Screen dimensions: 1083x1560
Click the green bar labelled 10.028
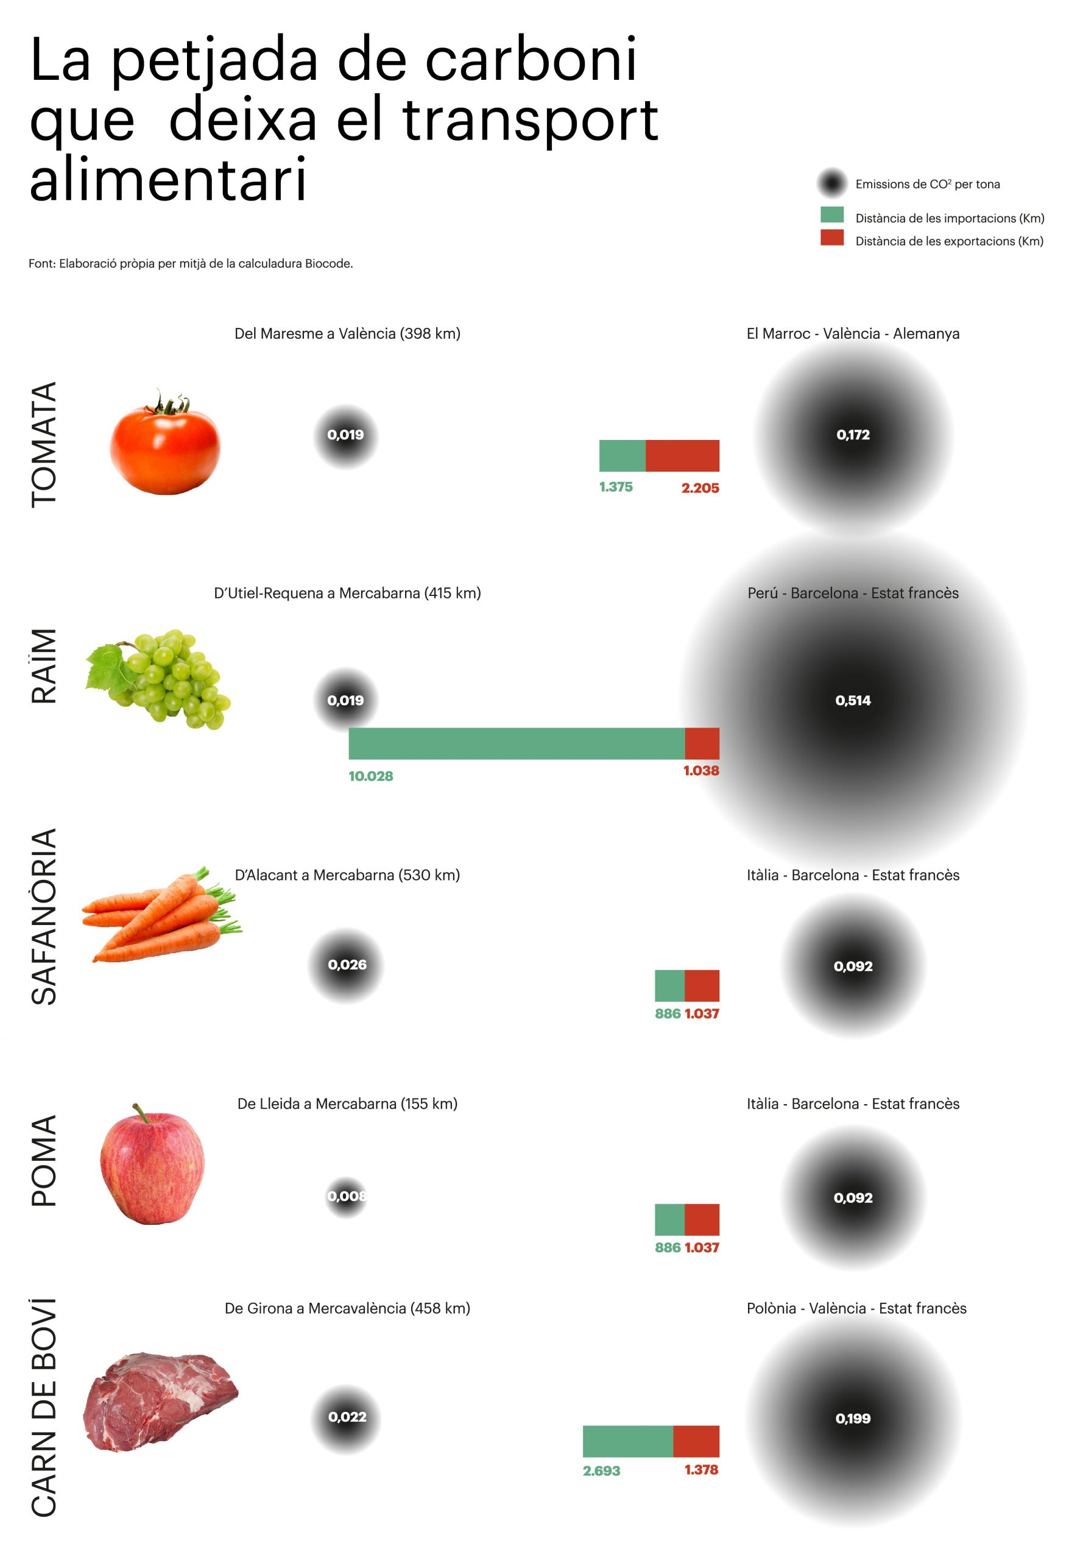[517, 743]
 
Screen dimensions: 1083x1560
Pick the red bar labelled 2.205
[682, 456]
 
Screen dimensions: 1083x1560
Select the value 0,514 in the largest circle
[853, 700]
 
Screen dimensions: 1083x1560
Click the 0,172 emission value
[853, 434]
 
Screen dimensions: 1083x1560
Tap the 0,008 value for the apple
[347, 1196]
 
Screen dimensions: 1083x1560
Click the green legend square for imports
[832, 214]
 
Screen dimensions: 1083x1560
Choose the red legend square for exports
[832, 238]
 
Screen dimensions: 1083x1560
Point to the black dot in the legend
[832, 183]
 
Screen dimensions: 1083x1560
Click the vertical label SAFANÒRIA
[44, 916]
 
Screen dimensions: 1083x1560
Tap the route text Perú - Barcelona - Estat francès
[853, 593]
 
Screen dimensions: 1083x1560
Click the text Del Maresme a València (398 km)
[347, 333]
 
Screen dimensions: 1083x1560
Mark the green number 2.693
[601, 1470]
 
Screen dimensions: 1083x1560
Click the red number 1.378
[701, 1469]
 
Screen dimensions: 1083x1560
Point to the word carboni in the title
[531, 61]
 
